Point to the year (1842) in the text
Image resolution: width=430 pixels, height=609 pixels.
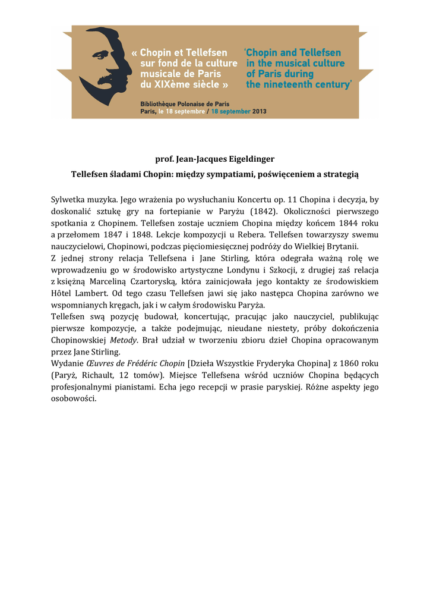263,212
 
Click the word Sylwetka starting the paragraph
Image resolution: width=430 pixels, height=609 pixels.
67,200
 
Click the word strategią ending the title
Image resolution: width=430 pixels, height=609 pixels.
338,174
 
